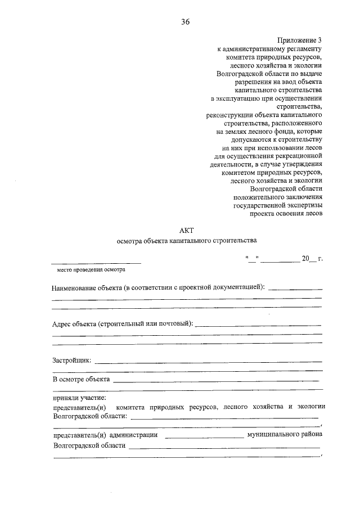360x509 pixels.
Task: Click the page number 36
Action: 185,22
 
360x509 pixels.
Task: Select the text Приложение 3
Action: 300,40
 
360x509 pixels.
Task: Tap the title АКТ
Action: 186,230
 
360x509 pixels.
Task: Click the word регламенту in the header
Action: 302,49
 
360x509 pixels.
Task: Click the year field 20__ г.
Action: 312,259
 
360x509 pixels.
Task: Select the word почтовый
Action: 173,325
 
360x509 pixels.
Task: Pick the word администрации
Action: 134,435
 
